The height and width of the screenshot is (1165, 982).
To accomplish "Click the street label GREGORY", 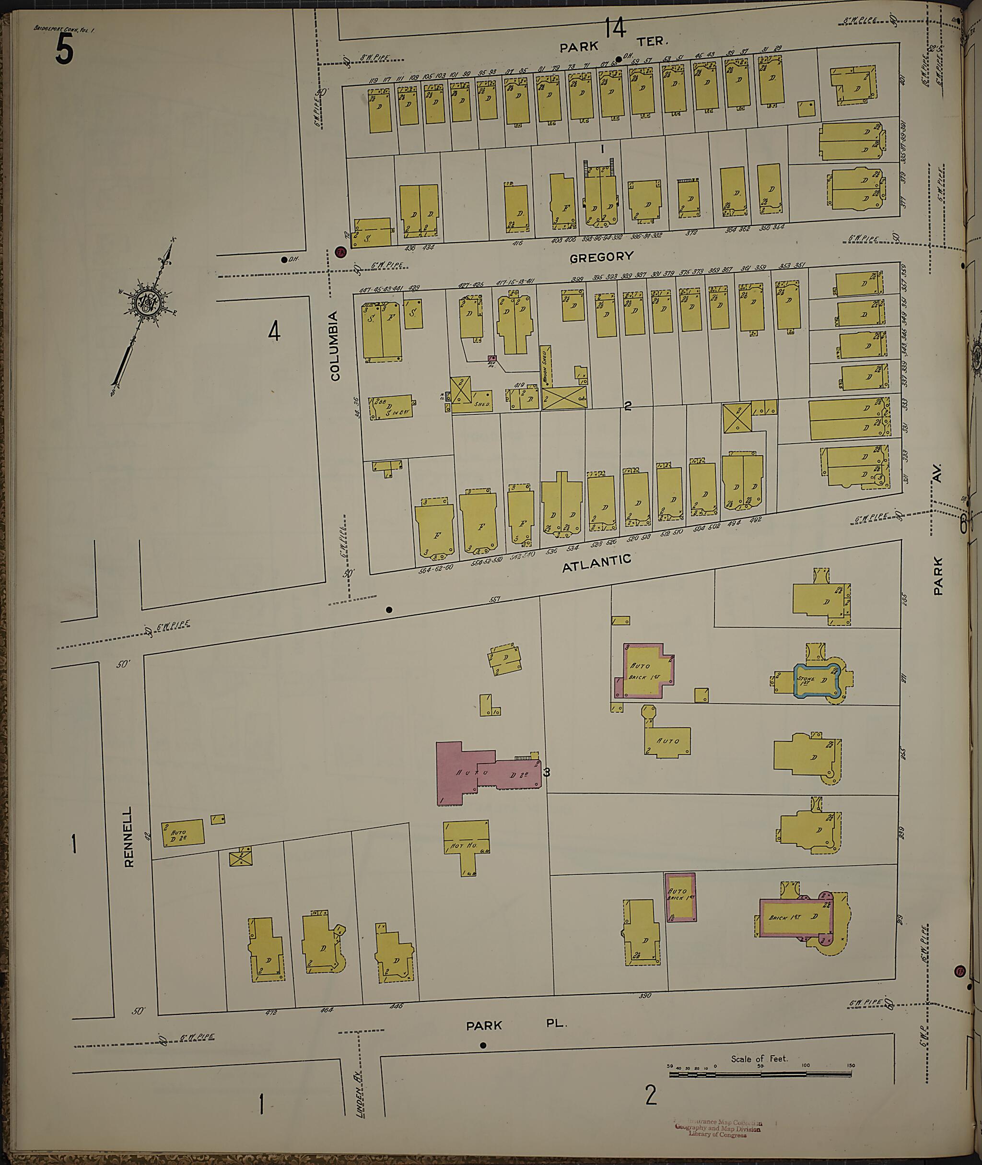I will click(601, 257).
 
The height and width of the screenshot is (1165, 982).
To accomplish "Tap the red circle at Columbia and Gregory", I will click(339, 252).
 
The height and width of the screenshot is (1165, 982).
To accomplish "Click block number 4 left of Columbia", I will click(274, 332).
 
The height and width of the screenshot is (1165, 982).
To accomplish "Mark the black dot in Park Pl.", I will click(483, 1045).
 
